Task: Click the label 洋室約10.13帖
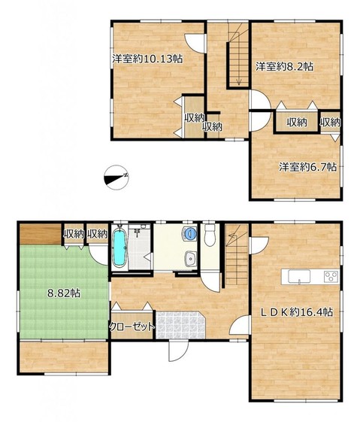[147, 59]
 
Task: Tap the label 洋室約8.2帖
[284, 66]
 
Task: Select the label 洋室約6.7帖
[307, 167]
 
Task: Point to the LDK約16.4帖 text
[298, 312]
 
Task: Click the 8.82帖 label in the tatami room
[64, 293]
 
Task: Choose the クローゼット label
[132, 326]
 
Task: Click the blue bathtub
[119, 248]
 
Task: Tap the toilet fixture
[210, 235]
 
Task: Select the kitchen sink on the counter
[299, 276]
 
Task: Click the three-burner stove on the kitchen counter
[331, 276]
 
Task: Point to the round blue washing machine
[190, 233]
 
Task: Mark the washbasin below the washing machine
[191, 259]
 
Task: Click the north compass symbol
[116, 178]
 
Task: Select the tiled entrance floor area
[180, 325]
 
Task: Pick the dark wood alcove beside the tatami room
[41, 235]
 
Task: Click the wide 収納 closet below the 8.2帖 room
[297, 123]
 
